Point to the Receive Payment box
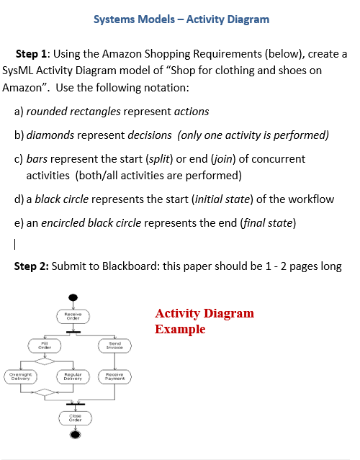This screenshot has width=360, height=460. (x=114, y=375)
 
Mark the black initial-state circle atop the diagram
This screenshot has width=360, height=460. (x=72, y=297)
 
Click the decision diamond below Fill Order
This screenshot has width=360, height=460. (x=45, y=361)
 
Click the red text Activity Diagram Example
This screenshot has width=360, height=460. (x=204, y=321)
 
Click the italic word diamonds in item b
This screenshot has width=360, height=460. (x=50, y=135)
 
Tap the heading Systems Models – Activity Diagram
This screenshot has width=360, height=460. (x=181, y=19)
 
